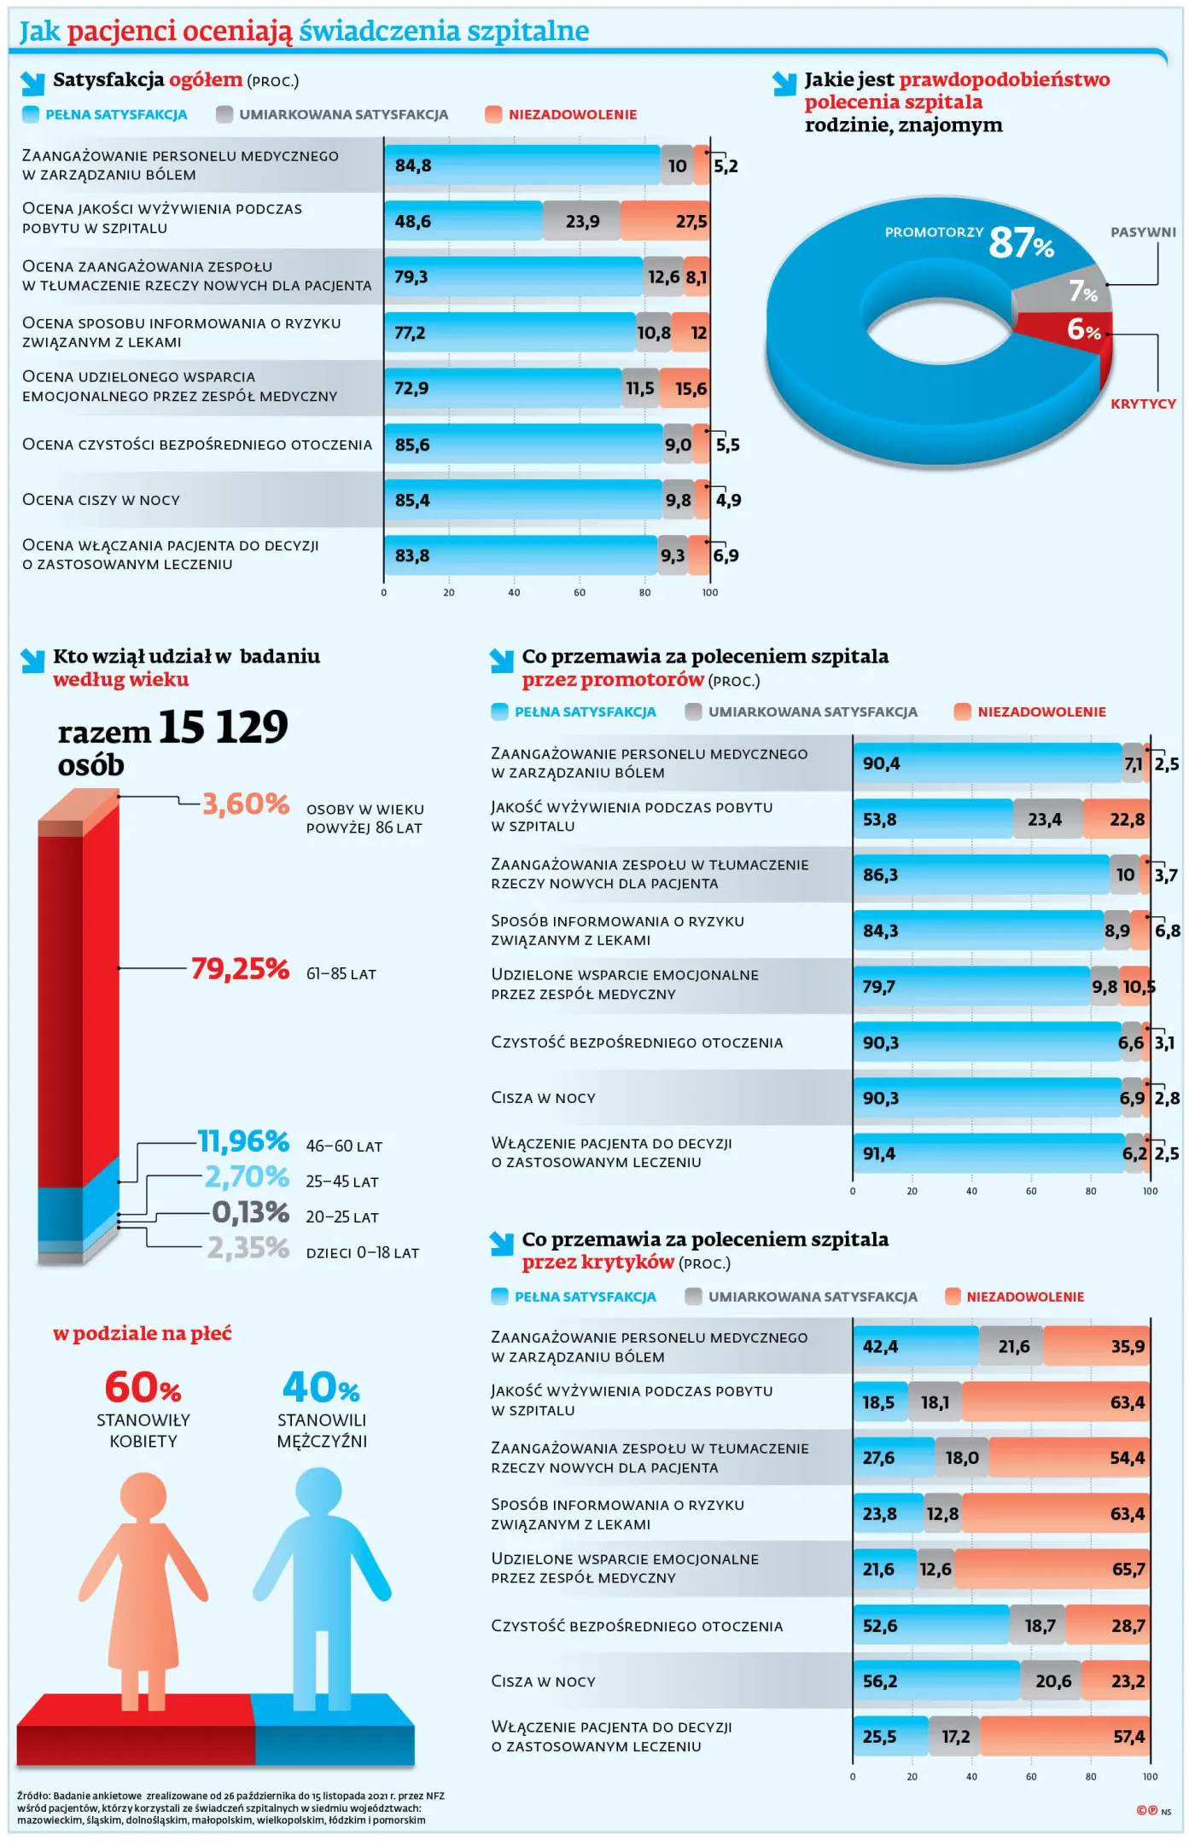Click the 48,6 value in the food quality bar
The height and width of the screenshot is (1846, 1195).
coord(412,222)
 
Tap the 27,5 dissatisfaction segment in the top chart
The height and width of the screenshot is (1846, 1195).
coord(691,222)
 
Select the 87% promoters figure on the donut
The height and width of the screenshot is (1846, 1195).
coord(1021,242)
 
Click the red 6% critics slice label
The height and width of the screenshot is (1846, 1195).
coord(1083,329)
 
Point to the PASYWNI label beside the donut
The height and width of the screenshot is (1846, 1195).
coord(1142,232)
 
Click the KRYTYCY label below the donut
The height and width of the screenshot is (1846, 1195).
coord(1142,403)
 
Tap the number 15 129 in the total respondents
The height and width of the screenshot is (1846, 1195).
coord(223,728)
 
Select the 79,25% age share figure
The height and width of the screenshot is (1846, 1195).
coord(240,969)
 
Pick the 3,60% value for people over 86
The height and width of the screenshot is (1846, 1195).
coord(246,804)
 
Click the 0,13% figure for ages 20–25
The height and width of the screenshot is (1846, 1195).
coord(250,1212)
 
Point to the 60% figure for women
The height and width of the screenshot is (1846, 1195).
coord(143,1388)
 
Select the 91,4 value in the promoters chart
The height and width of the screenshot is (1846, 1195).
coord(878,1154)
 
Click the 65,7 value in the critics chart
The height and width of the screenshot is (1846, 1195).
coord(1128,1570)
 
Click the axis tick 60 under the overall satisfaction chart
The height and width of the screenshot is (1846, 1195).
coord(579,593)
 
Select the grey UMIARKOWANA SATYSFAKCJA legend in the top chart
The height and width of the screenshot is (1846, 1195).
coord(343,114)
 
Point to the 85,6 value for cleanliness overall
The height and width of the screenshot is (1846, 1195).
coord(412,445)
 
